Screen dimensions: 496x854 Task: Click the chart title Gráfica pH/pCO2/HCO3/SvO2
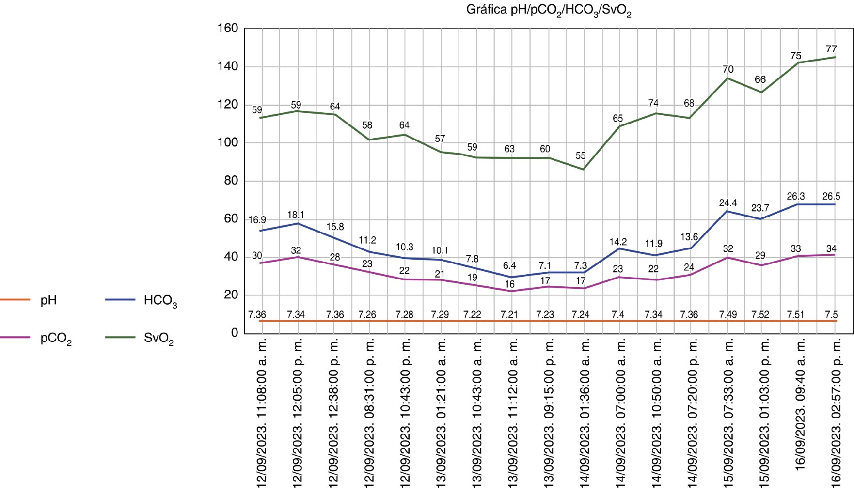point(549,10)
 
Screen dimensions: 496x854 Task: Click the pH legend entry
point(48,300)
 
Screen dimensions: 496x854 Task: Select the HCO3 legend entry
point(160,301)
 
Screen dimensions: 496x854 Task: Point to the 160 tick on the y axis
point(228,28)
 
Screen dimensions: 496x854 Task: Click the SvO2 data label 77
point(831,49)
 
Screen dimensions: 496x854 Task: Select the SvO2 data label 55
point(581,155)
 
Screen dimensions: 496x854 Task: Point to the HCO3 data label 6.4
point(509,265)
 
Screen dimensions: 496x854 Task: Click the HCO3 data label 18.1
point(296,215)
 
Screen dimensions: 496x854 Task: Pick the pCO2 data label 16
point(509,284)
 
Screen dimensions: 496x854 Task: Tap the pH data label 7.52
point(760,314)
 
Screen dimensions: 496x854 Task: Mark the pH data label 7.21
point(509,314)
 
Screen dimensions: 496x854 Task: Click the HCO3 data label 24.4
point(728,203)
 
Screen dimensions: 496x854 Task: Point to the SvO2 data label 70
point(728,69)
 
